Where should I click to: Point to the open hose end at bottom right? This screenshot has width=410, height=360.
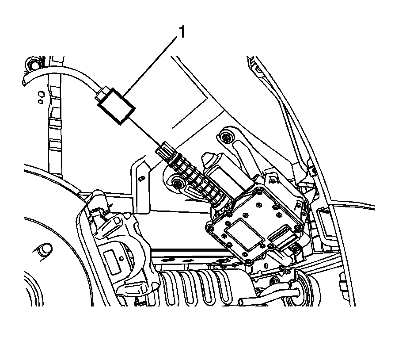click(x=242, y=302)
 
